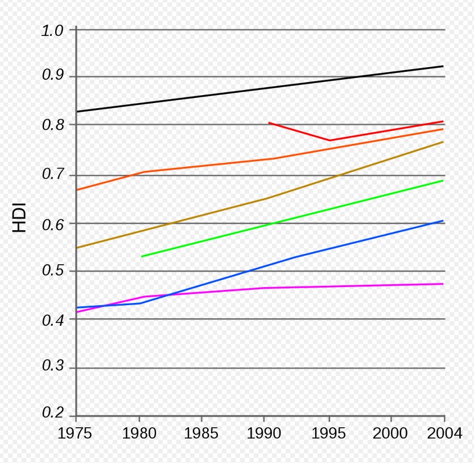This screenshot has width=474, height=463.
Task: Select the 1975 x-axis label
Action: coord(75,434)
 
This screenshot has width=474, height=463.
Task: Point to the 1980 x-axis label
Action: coord(139,434)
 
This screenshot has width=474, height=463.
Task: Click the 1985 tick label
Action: coord(201,434)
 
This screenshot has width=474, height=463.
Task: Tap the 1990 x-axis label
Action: coord(264,434)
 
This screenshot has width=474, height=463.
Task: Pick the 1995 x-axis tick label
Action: coord(328,434)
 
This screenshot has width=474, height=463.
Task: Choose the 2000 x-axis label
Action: coord(390,434)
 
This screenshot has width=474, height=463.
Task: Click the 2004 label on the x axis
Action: coord(445,434)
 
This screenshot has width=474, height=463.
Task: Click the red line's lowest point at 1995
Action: coord(329,140)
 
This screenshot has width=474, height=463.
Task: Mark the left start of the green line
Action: coord(142,256)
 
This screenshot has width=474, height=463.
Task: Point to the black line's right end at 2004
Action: coord(443,66)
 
